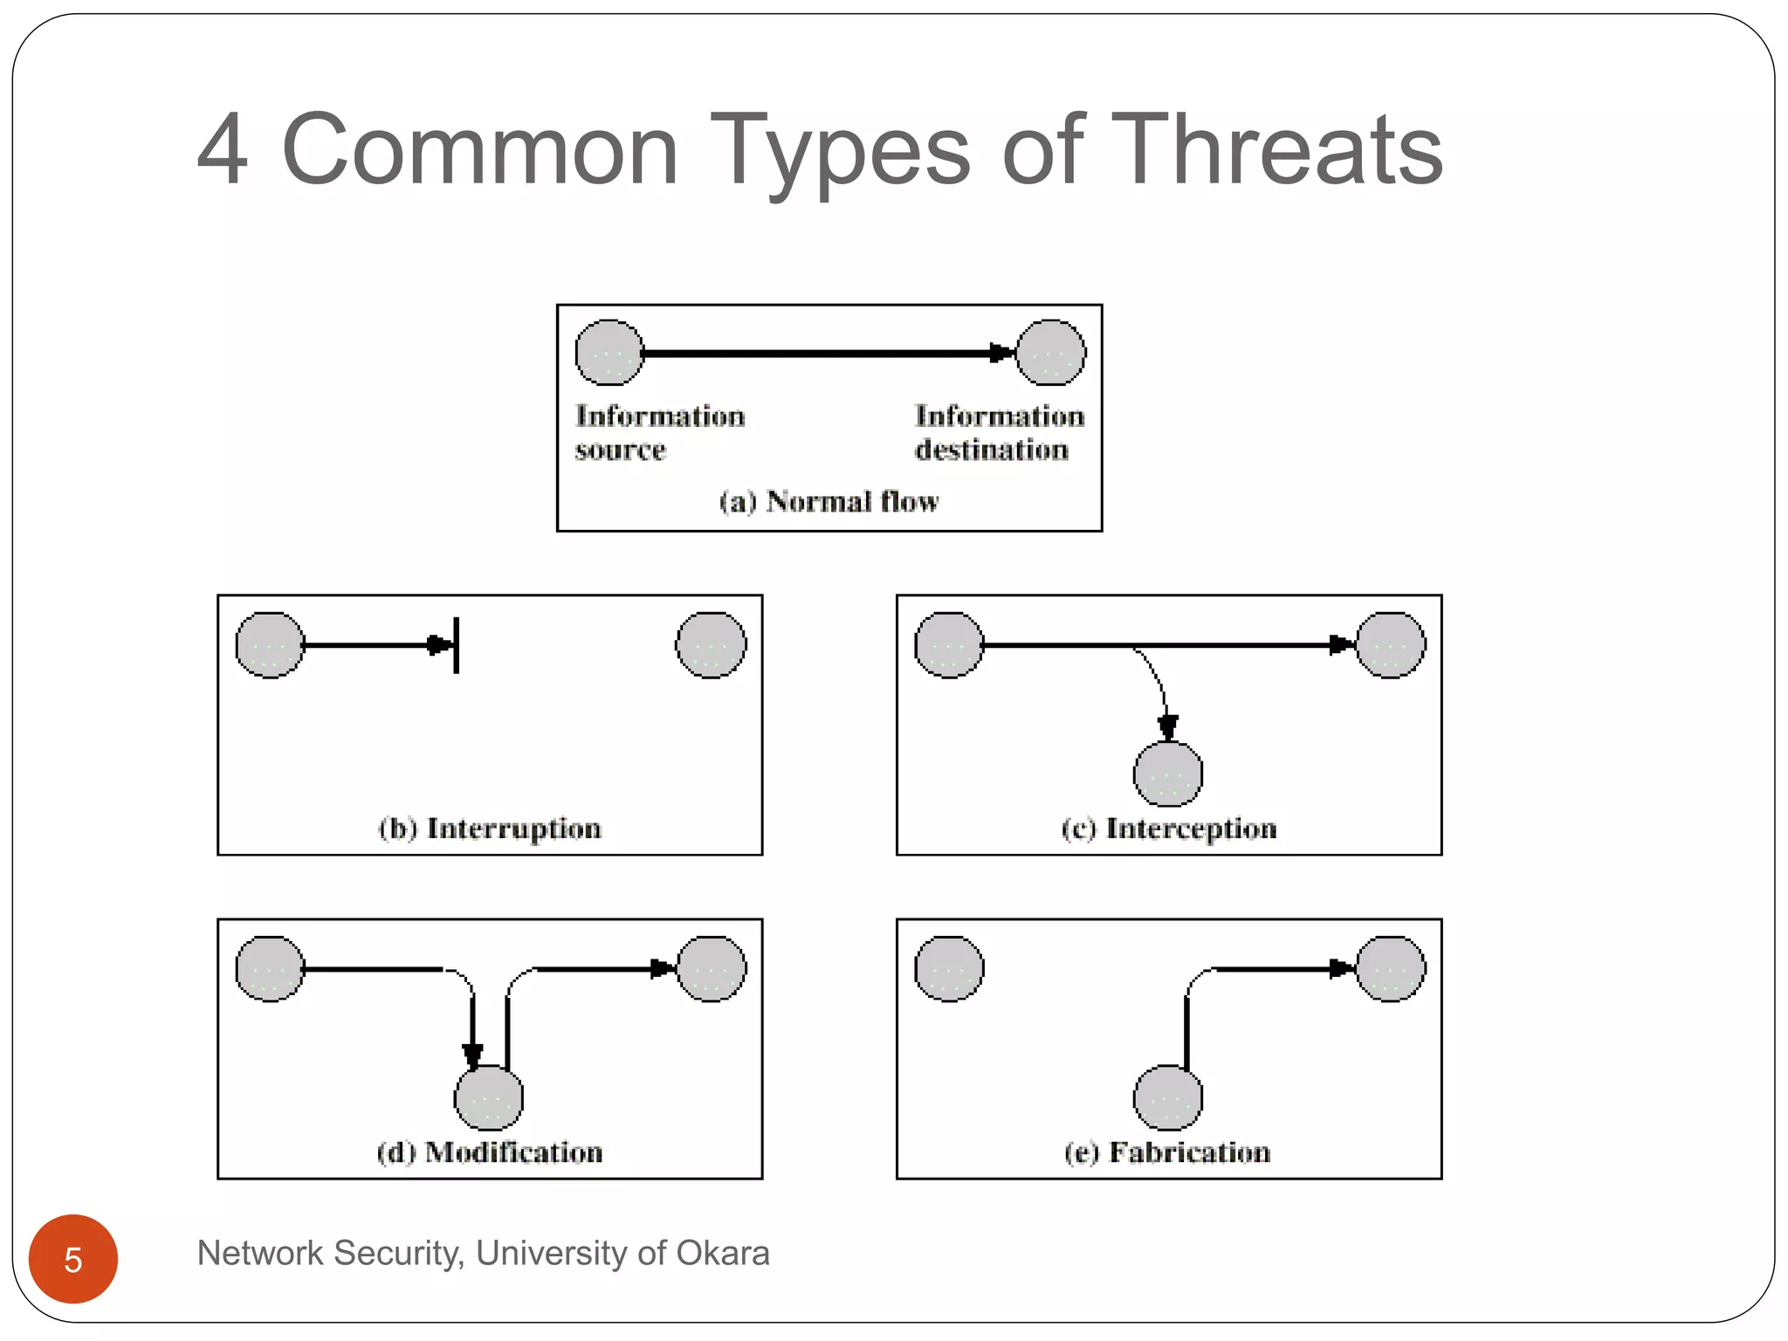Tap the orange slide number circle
point(73,1258)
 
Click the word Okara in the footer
point(723,1253)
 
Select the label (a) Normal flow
point(829,501)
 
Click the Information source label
point(659,432)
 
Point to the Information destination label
point(999,432)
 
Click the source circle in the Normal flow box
point(609,353)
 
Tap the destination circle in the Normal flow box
point(1051,353)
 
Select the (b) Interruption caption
point(490,828)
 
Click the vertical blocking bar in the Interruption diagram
point(457,645)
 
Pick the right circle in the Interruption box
point(712,645)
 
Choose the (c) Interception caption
point(1169,828)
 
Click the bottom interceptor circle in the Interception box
point(1168,774)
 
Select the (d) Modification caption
point(490,1152)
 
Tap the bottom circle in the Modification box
point(489,1098)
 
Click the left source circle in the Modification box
point(271,969)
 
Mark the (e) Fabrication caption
point(1168,1152)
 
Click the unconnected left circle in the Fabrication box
point(950,969)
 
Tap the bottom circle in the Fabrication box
point(1168,1098)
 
